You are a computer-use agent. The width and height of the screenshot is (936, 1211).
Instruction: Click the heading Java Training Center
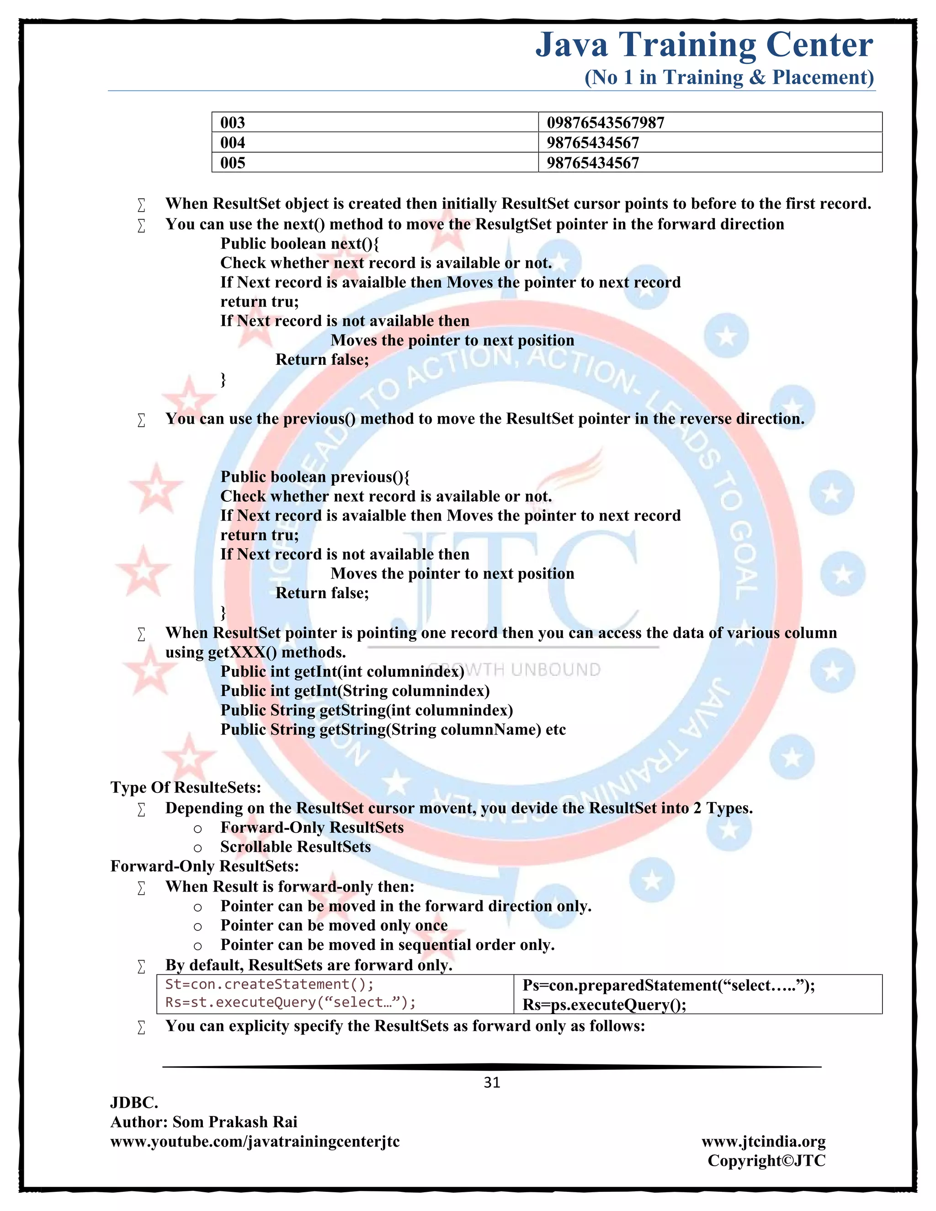pos(704,45)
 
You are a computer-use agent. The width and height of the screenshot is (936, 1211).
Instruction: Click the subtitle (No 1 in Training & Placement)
pos(729,77)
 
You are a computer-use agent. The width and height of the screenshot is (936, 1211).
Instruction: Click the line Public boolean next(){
pos(300,244)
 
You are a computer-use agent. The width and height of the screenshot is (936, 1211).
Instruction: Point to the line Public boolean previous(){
pos(315,477)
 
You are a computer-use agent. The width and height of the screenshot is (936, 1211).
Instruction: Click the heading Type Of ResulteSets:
pos(186,787)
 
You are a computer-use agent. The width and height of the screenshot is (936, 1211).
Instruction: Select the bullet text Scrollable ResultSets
pos(296,847)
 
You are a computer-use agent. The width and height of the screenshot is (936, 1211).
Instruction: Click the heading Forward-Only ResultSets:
pos(205,866)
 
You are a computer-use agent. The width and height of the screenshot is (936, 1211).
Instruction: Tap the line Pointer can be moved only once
pos(334,925)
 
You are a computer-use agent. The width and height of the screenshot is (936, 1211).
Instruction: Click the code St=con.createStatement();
pos(270,984)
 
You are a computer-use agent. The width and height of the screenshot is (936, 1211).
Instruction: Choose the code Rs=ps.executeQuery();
pos(604,1005)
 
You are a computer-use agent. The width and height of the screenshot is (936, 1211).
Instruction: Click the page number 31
pos(492,1082)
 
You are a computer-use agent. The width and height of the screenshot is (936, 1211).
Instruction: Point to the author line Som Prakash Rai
pos(204,1122)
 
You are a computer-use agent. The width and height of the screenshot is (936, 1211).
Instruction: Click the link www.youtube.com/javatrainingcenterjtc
pos(255,1141)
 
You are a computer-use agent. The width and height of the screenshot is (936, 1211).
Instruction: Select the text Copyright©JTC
pos(766,1161)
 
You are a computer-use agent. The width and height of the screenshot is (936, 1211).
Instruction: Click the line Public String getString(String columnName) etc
pos(393,730)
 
